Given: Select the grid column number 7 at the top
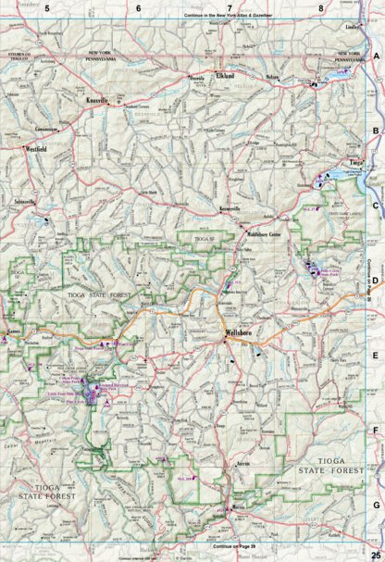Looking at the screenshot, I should point(228,7).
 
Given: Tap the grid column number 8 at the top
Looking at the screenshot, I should point(319,7).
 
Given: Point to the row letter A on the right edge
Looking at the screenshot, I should point(376,58).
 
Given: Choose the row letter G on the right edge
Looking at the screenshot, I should point(376,504).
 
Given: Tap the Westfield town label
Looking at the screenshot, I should point(37,148).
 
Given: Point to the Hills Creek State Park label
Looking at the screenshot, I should point(330,275).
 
